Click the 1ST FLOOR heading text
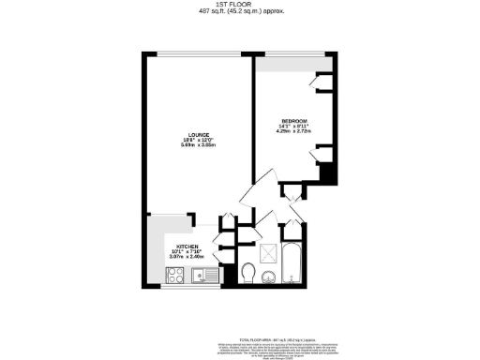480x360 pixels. pyautogui.click(x=241, y=4)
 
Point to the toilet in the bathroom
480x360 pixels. pyautogui.click(x=248, y=272)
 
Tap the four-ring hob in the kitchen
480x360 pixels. pyautogui.click(x=174, y=276)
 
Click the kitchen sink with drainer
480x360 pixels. pyautogui.click(x=203, y=276)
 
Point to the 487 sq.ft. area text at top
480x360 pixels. pyautogui.click(x=241, y=11)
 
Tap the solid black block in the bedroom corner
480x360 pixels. pyautogui.click(x=327, y=174)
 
